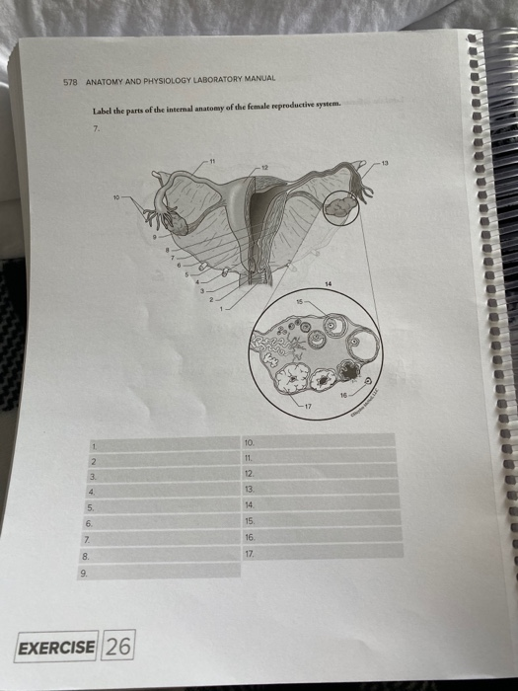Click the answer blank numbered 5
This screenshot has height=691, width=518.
coord(164,505)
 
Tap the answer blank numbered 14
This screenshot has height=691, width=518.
coord(321,502)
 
